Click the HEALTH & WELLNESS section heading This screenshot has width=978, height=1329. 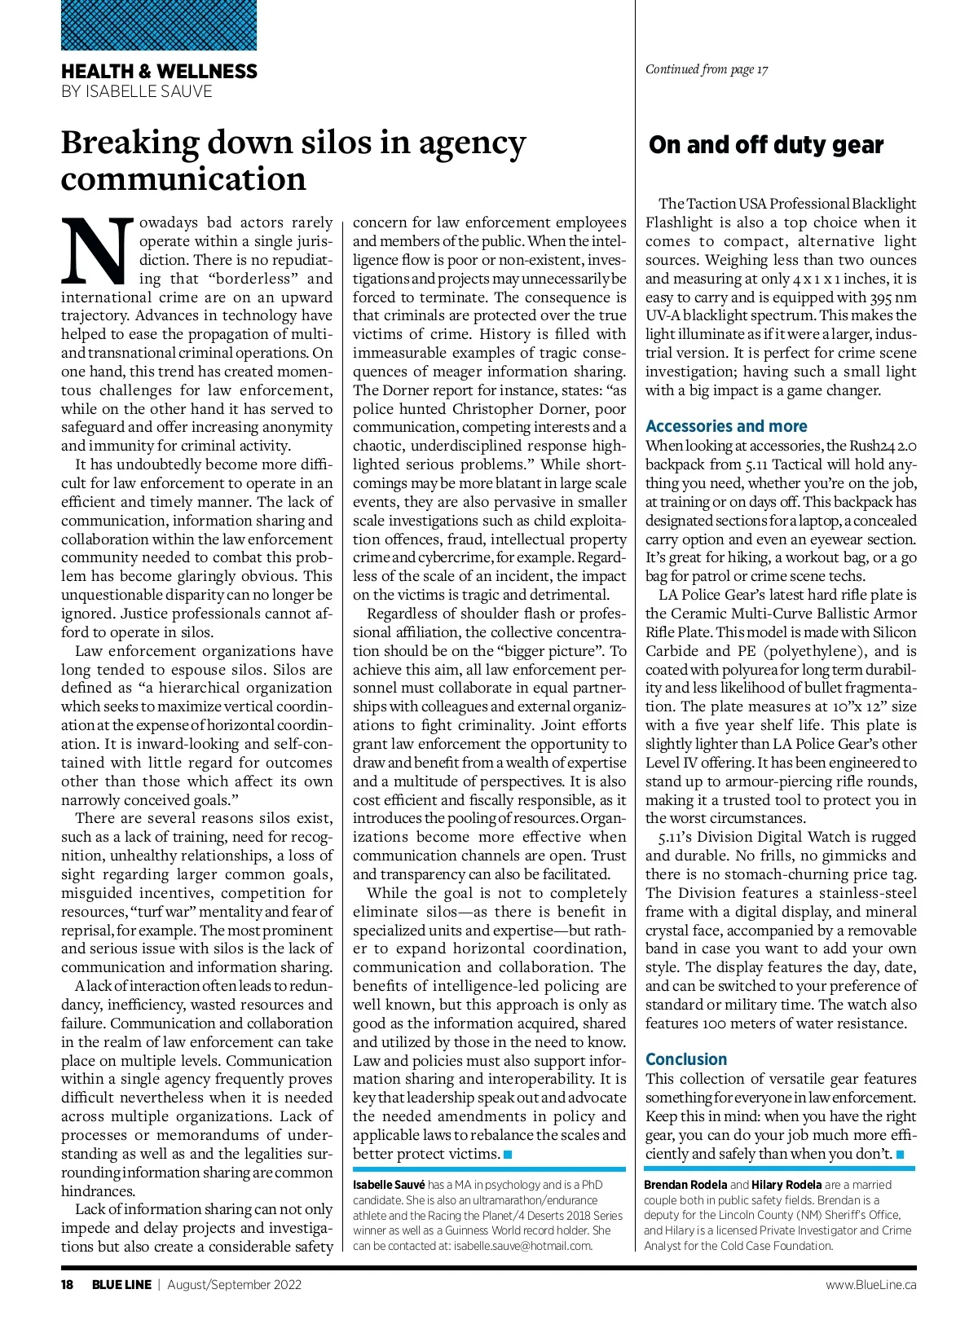coord(159,72)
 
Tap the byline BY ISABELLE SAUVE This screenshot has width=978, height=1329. coord(136,91)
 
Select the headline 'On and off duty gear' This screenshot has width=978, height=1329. coord(765,145)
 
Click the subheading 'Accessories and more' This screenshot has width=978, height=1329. coord(726,426)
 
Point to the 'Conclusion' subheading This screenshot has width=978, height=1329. coord(685,1059)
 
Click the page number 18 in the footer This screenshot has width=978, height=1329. coord(68,1285)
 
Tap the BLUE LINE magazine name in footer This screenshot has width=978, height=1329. coord(121,1285)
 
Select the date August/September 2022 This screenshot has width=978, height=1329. coord(235,1285)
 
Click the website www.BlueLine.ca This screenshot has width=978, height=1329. coord(870,1285)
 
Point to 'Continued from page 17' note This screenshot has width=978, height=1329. coord(707,69)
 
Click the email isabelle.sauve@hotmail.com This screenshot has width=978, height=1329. coord(522,1246)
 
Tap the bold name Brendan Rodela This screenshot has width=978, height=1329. coord(685,1185)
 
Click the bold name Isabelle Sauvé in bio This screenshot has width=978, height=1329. coord(389,1185)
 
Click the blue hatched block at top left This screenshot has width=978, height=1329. coord(159,25)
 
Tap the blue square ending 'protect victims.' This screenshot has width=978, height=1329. coord(508,1155)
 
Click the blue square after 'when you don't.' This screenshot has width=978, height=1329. coord(900,1155)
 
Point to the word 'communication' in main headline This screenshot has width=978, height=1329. coord(183,179)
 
